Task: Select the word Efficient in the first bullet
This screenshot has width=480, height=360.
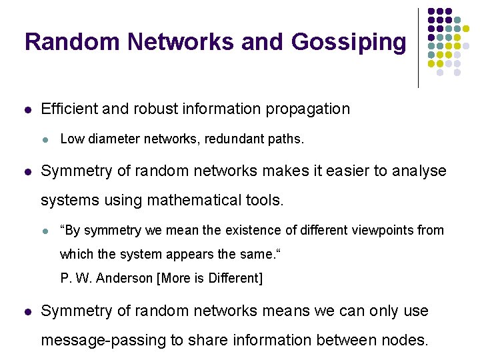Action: click(x=69, y=109)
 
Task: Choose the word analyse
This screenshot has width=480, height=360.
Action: click(x=419, y=171)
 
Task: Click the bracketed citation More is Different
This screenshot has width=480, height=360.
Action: click(x=209, y=279)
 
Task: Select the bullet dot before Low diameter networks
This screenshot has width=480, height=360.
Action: click(x=45, y=140)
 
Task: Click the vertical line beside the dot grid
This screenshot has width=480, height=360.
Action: click(x=418, y=47)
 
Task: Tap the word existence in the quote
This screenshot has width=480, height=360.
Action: click(x=264, y=231)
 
